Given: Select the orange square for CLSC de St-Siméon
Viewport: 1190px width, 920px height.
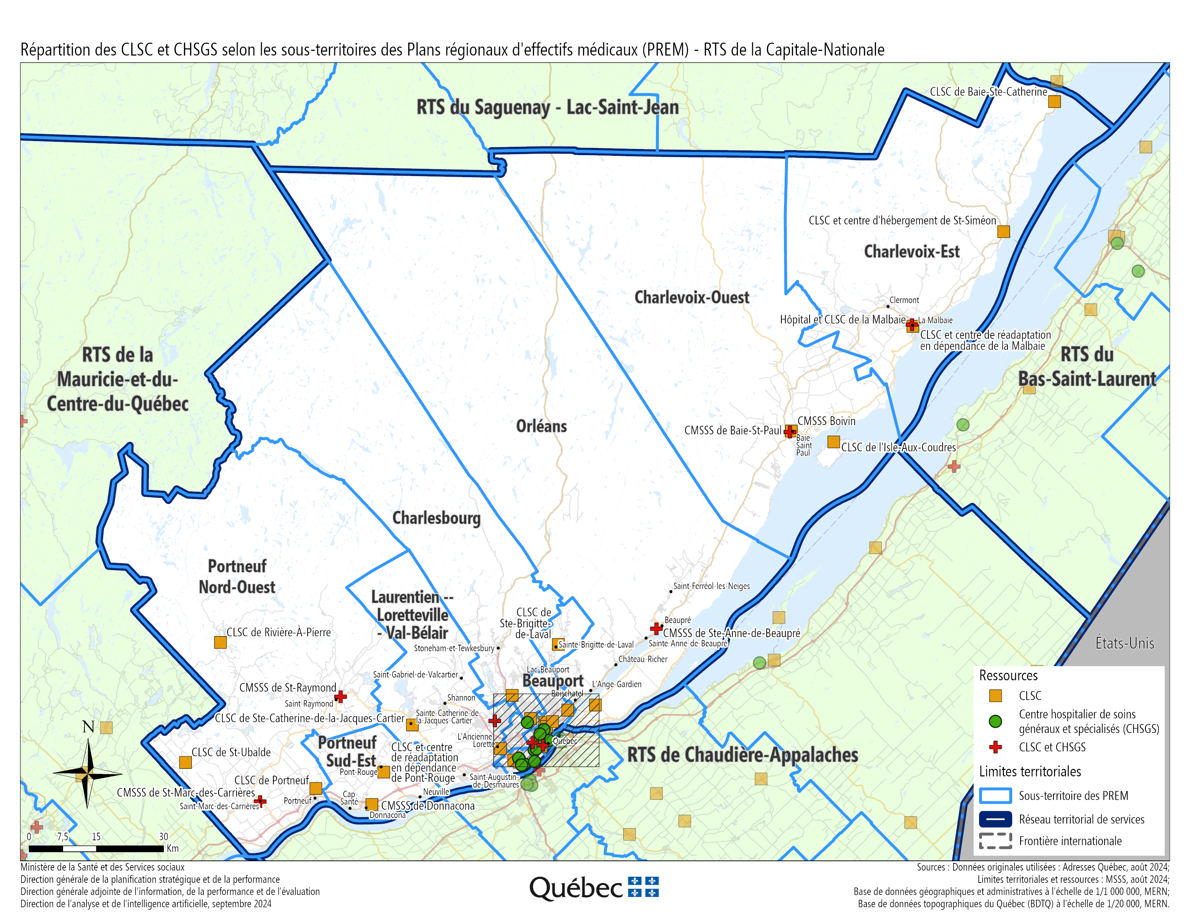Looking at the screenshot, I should [1003, 232].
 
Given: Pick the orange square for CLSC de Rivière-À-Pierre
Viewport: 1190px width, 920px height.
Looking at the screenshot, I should [220, 642].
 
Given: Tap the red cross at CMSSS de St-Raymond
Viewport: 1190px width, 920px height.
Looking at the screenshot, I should [340, 697].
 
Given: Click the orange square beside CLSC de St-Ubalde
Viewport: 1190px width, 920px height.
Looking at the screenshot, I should [185, 762].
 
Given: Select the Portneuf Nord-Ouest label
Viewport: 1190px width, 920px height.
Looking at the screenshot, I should [237, 577].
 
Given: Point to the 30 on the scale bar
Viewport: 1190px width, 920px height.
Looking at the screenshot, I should [163, 837].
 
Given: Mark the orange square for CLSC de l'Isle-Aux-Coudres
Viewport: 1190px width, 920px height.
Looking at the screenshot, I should [833, 442].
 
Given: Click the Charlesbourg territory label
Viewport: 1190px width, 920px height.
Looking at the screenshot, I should [436, 518].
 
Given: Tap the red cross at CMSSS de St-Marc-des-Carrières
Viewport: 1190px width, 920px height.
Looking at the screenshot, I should [260, 801].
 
